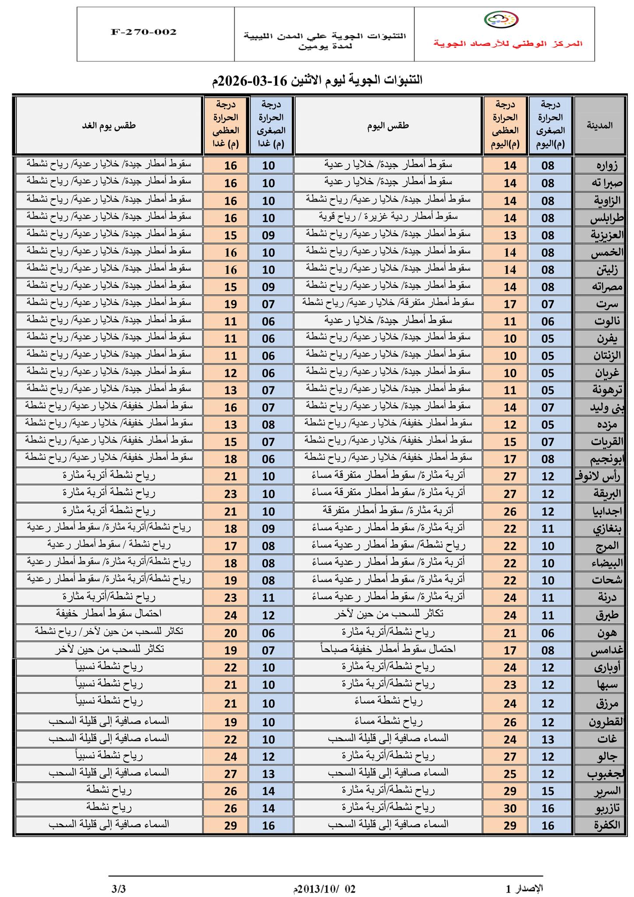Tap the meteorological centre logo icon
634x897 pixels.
coord(501,20)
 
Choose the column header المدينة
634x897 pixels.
coord(599,125)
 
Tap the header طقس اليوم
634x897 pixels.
coord(388,126)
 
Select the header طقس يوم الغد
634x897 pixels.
coord(109,126)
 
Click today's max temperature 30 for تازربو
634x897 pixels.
coord(510,808)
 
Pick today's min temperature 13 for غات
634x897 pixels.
coord(548,739)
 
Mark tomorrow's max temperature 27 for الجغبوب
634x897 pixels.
coord(230,774)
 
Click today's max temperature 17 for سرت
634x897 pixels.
coord(510,304)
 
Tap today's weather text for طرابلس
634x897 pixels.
coord(388,216)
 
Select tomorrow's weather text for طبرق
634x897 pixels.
coord(109,613)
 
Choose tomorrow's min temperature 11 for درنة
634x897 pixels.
coord(268,597)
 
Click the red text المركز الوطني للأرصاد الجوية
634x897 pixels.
coord(508,43)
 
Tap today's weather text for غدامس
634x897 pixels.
coord(388,648)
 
